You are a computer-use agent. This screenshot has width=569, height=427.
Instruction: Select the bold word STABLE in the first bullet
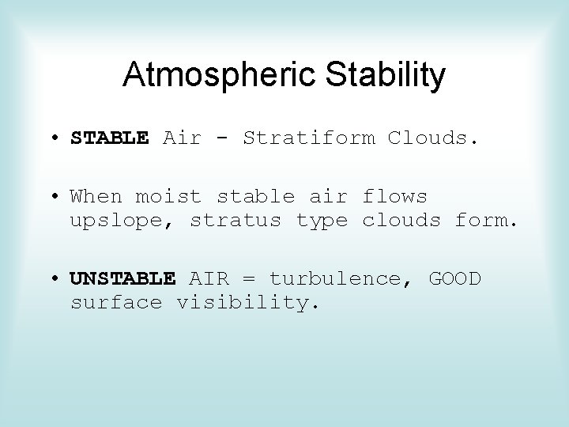[109, 138]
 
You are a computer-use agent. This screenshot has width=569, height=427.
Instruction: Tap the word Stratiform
[308, 138]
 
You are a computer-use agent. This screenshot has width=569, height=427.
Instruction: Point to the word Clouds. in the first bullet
[433, 138]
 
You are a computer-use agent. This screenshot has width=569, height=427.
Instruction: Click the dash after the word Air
[222, 139]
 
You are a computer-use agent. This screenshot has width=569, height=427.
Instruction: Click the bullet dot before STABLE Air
[59, 139]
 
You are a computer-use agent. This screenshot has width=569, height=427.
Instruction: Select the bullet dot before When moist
[59, 197]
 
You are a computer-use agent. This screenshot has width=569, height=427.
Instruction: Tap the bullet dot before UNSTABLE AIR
[59, 279]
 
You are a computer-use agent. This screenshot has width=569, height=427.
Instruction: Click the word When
[96, 196]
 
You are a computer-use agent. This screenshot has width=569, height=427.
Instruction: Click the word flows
[394, 196]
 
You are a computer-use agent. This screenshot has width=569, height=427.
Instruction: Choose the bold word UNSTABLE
[122, 278]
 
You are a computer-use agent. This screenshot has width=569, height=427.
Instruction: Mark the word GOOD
[454, 278]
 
